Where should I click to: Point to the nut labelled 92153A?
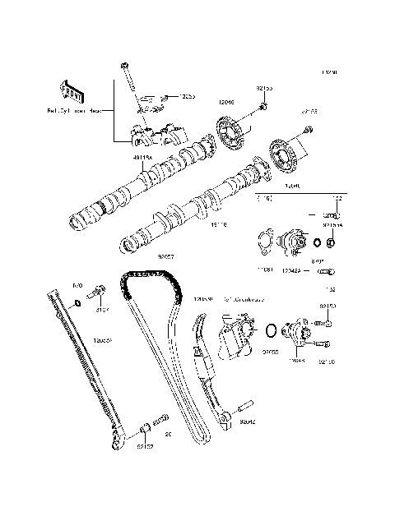331,243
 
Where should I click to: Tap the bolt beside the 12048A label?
326,270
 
